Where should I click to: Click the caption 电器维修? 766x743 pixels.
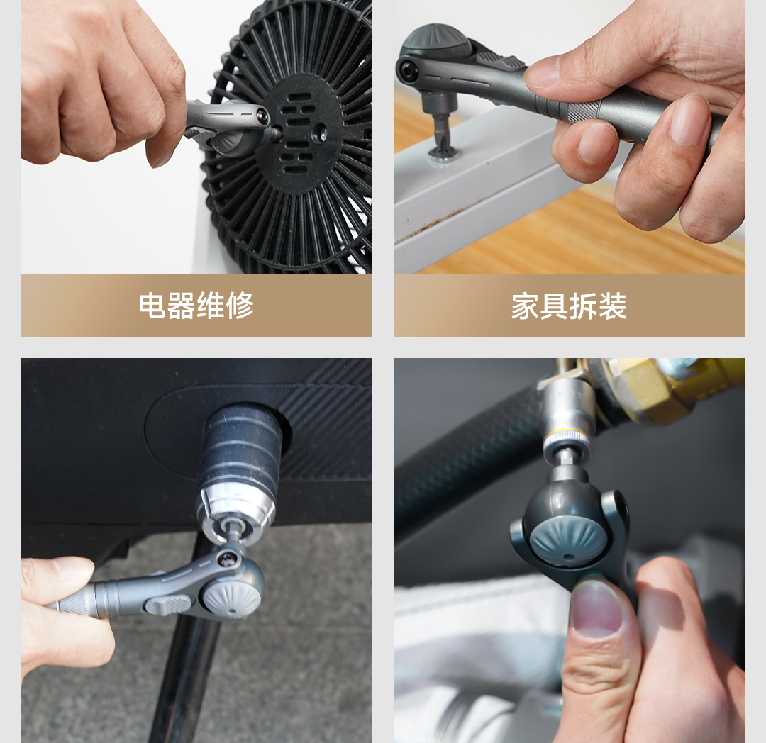point(196,306)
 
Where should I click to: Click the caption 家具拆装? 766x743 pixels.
point(569,306)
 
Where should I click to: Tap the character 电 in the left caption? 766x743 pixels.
point(152,306)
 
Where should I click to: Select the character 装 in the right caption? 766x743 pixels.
point(613,306)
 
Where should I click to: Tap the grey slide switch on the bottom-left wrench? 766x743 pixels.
point(162,605)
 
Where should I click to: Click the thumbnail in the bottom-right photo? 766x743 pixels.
point(596,610)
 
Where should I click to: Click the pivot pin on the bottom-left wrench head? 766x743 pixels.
point(226,559)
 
